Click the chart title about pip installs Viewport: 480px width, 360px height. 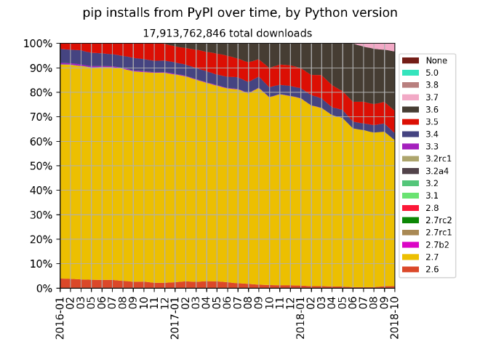point(239,13)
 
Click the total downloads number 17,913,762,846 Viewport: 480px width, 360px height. point(227,33)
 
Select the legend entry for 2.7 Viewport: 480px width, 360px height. point(431,257)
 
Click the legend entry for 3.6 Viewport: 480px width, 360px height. point(431,109)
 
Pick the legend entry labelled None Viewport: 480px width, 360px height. point(436,60)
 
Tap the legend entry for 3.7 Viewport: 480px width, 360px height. point(431,97)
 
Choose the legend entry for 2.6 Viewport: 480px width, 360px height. point(431,270)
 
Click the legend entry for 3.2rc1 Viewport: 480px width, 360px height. point(438,159)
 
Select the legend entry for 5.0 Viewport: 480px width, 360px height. point(431,72)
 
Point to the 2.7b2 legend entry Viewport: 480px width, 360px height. point(436,245)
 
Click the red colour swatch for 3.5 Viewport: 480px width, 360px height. point(411,121)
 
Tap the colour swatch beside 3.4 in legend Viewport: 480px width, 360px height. point(411,134)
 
